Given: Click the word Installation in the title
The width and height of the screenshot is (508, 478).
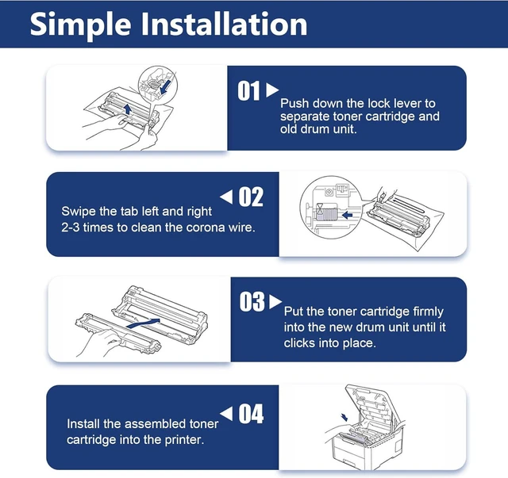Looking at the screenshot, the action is tap(224, 24).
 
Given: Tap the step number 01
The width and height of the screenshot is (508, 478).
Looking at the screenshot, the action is tap(248, 91).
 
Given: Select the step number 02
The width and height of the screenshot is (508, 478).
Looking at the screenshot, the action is tap(251, 197).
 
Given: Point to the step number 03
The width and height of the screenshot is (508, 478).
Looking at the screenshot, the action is tap(252, 301).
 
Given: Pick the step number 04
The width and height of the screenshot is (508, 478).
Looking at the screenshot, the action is tap(251, 414).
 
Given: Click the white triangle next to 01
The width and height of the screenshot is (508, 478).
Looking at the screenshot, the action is tap(272, 90).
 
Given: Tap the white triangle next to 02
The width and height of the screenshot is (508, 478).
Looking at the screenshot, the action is tap(226, 197).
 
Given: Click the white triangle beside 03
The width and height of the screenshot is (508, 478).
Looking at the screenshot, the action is tap(275, 301).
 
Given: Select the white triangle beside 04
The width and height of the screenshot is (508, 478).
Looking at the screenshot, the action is tap(226, 414).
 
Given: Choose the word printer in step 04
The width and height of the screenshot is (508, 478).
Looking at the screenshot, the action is tap(184, 440).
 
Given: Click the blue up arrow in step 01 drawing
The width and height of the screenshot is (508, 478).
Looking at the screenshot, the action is tap(128, 109).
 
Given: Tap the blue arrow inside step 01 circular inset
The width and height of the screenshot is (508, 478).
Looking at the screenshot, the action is tap(165, 87).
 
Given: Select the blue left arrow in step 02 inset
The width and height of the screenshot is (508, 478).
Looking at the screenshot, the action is tap(347, 215).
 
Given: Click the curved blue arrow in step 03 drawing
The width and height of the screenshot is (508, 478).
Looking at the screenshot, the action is tap(143, 323).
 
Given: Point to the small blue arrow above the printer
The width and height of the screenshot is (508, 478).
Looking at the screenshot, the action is tap(344, 417).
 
